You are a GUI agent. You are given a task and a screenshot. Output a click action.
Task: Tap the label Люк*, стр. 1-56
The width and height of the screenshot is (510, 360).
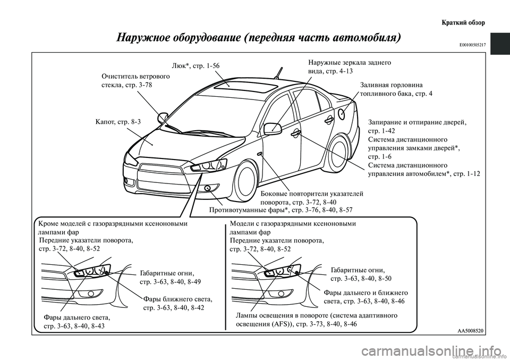click(195, 66)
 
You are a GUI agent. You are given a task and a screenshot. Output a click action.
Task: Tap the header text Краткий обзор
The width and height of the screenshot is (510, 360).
click(463, 23)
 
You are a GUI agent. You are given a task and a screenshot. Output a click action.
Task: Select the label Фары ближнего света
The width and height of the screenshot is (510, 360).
click(178, 299)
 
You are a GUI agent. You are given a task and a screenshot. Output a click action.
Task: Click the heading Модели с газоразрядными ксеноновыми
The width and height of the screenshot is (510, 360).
click(292, 224)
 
